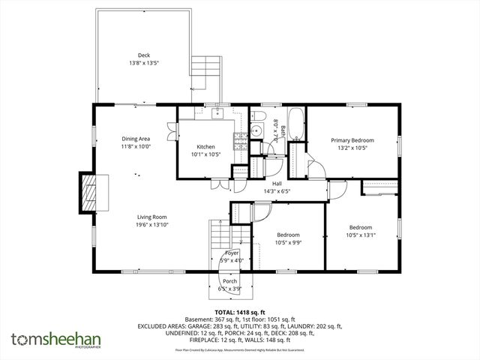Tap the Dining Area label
click(x=136, y=139)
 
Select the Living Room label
click(x=140, y=217)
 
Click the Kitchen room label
click(x=206, y=147)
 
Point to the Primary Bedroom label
click(x=352, y=140)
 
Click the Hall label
click(x=277, y=182)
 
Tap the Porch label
click(x=229, y=281)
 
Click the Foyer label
click(x=232, y=253)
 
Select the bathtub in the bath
click(x=295, y=124)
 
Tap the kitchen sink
click(x=217, y=113)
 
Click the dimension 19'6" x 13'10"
click(x=140, y=225)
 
